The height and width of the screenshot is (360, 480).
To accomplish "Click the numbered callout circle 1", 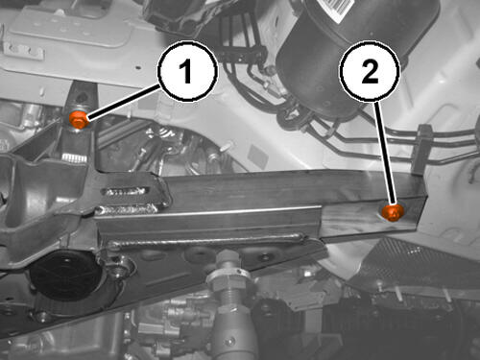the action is [187, 71].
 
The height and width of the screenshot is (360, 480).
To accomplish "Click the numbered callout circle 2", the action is [370, 71].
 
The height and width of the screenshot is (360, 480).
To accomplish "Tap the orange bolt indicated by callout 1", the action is [78, 120].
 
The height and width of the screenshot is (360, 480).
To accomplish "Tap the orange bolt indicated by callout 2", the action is [393, 212].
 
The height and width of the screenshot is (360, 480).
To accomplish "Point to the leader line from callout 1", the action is [123, 102].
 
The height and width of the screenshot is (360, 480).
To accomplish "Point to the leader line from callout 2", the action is [386, 153].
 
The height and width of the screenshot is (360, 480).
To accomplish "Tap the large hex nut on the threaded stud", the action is [228, 281].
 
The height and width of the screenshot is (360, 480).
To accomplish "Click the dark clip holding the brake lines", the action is [421, 149].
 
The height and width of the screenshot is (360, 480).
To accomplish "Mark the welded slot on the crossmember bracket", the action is [126, 192].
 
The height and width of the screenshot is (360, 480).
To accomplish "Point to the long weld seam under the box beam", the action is [204, 241].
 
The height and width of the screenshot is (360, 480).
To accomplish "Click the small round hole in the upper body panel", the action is [138, 67].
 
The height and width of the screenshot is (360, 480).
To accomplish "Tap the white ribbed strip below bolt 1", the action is [74, 157].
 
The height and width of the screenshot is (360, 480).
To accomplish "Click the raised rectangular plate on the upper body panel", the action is [69, 26].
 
